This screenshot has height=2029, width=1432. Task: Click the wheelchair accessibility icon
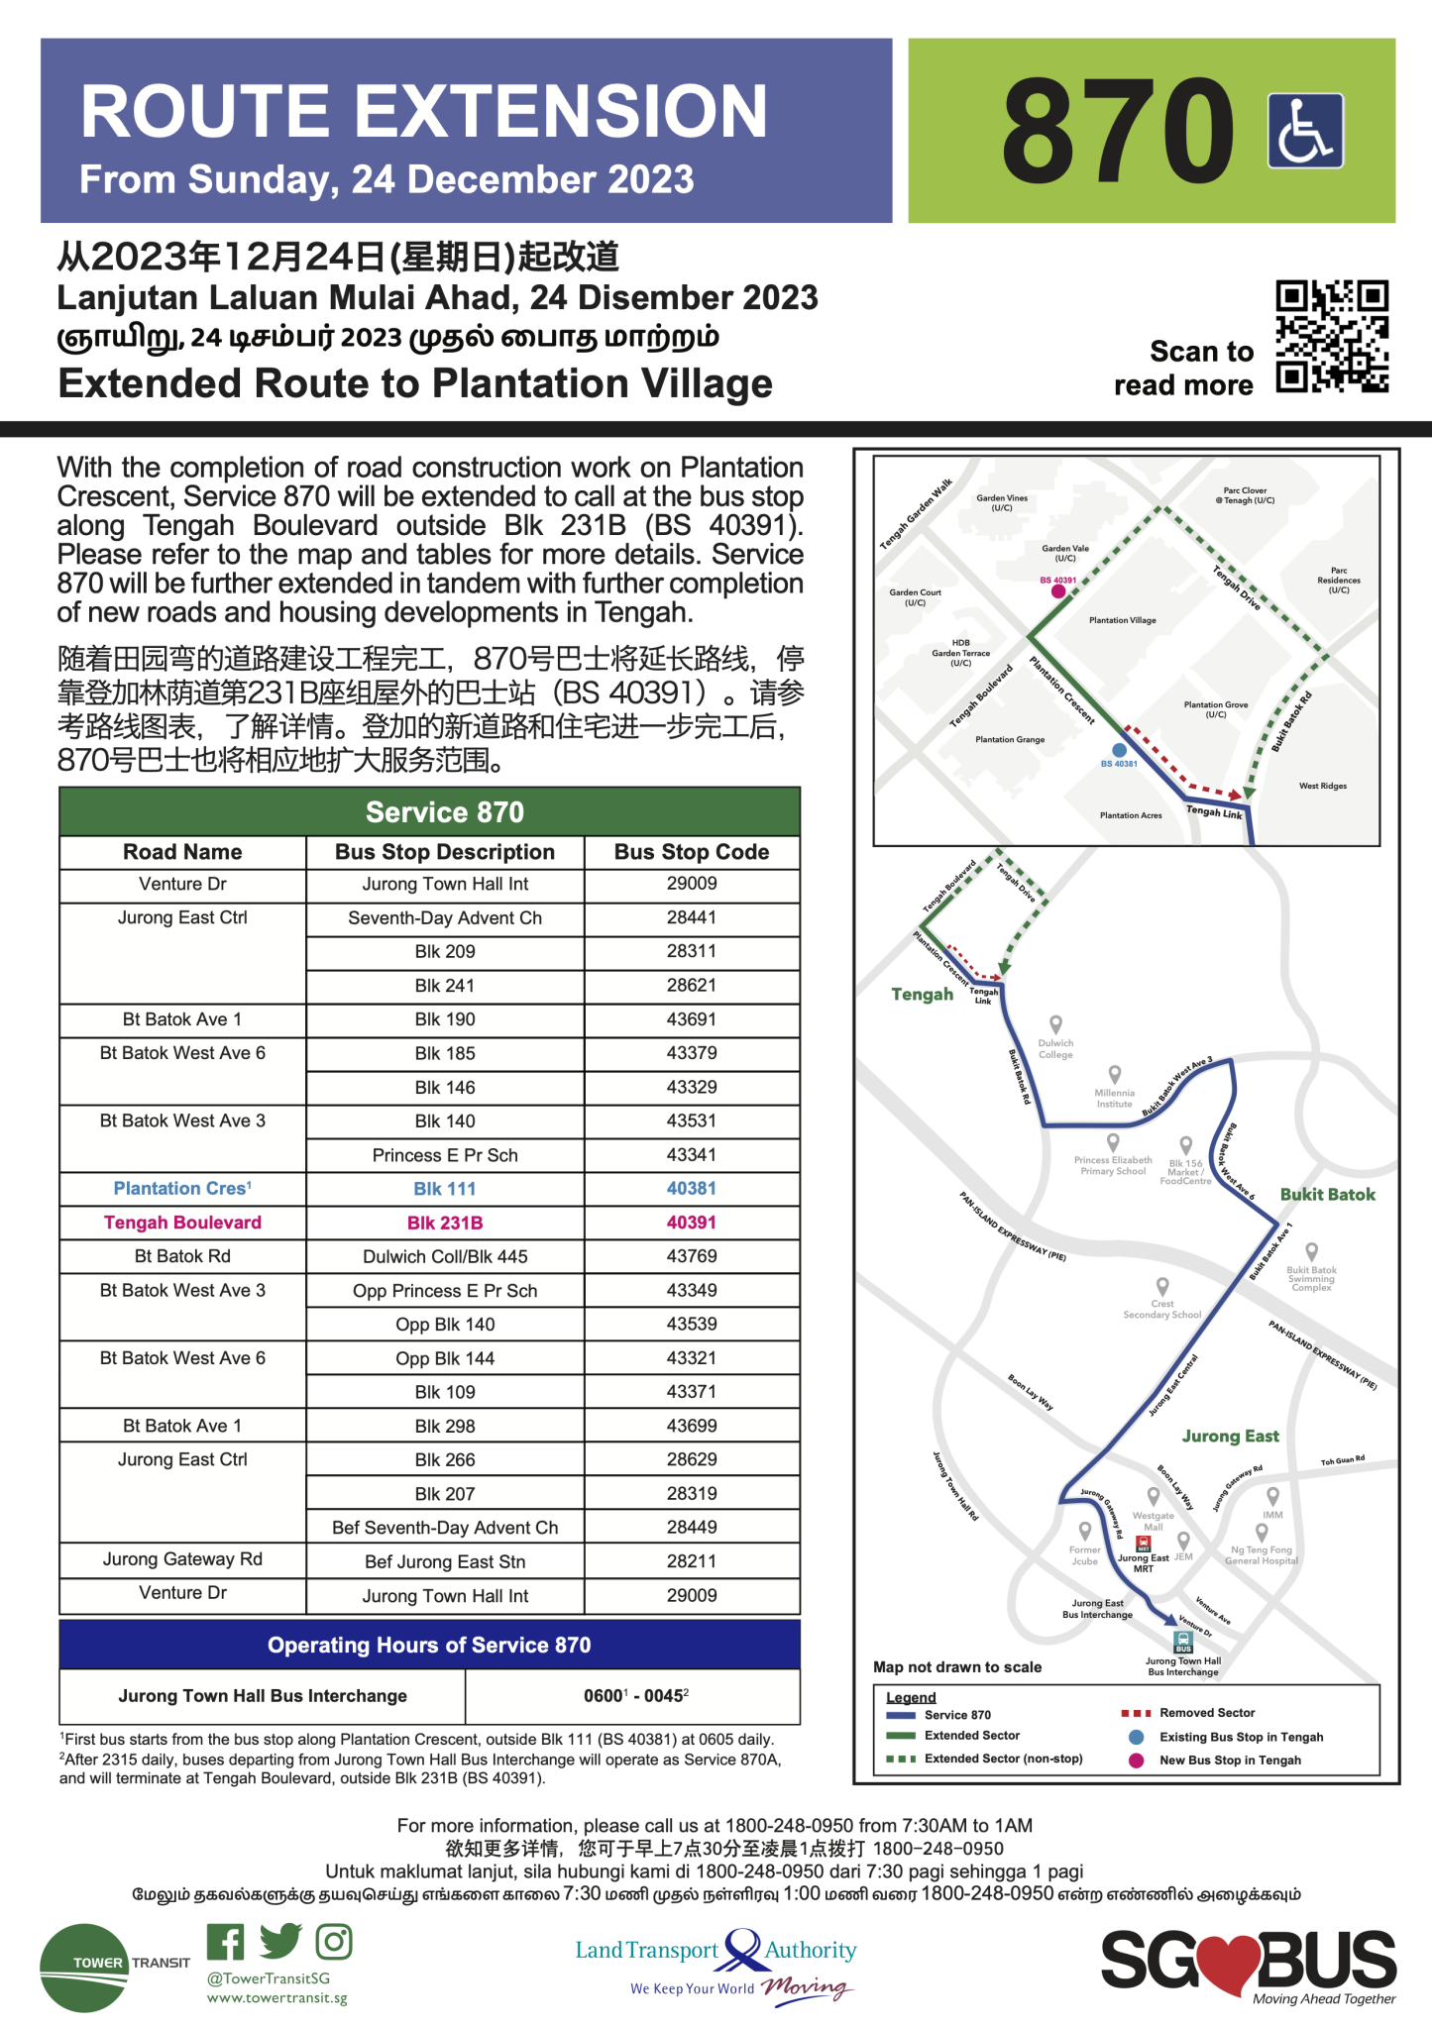click(x=1305, y=131)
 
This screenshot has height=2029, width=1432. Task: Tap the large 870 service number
click(x=1118, y=132)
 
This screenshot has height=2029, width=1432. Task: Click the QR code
click(x=1331, y=337)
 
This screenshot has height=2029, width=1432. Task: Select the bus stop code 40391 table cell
click(x=691, y=1223)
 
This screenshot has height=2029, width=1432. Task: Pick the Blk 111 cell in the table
click(x=445, y=1189)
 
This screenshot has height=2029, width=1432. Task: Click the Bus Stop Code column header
click(x=691, y=852)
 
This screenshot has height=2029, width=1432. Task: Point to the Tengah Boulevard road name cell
click(x=182, y=1223)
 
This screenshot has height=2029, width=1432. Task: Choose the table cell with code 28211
click(x=691, y=1561)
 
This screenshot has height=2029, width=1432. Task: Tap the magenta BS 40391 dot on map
click(x=1058, y=591)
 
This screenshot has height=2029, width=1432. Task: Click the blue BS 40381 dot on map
click(x=1119, y=751)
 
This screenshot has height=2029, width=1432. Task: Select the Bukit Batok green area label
click(x=1327, y=1195)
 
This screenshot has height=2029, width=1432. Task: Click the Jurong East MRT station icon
click(x=1143, y=1545)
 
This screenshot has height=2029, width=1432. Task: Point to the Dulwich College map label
click(x=1055, y=1048)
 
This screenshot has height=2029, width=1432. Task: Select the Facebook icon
click(x=226, y=1942)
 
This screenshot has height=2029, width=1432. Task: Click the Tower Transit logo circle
click(x=84, y=1968)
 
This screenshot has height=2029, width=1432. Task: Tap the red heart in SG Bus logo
click(x=1228, y=1962)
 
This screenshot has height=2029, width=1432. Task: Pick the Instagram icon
click(x=334, y=1942)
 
